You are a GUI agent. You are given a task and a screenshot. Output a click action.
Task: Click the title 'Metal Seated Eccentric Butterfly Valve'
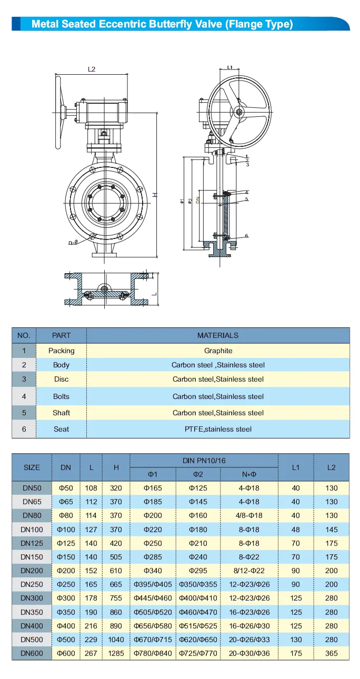[x=162, y=24]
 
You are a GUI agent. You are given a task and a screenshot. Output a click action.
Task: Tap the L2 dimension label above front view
[x=92, y=69]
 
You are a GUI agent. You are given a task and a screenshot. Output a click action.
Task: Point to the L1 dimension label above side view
[x=230, y=67]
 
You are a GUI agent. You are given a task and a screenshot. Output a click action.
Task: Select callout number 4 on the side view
[x=246, y=193]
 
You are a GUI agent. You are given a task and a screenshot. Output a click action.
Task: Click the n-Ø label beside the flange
[x=73, y=243]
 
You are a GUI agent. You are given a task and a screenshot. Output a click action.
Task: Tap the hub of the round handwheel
[x=239, y=112]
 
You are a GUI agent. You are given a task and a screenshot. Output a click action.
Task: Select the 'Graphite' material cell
[x=218, y=351]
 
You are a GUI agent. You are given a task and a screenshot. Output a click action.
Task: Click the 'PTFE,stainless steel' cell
[x=218, y=429]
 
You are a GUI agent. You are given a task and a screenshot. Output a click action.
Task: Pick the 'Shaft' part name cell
[x=61, y=413]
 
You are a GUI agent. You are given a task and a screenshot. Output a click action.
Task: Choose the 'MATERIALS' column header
[x=218, y=335]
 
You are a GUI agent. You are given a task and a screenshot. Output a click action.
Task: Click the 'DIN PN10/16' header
[x=204, y=461]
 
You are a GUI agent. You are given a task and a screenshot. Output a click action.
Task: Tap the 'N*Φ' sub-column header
[x=249, y=475]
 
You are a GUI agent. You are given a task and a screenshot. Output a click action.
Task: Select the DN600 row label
[x=32, y=653]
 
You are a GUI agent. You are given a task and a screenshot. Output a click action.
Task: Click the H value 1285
[x=116, y=653]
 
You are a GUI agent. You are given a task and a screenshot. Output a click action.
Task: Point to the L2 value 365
[x=331, y=653]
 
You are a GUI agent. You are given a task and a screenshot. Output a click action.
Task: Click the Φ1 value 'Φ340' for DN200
[x=153, y=571]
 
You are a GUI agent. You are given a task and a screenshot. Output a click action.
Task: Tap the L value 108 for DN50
[x=92, y=488]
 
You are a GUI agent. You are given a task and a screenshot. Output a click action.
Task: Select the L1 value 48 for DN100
[x=296, y=529]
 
